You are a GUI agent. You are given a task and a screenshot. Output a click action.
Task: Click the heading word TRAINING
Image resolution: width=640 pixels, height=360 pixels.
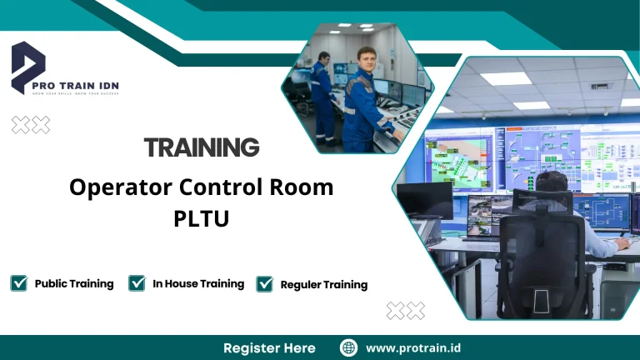(x=201, y=147)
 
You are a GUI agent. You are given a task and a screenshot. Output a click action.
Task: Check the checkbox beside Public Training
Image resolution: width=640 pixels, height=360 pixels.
(x=19, y=283)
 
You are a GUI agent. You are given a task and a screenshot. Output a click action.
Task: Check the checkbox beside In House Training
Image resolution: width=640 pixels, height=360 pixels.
(x=137, y=283)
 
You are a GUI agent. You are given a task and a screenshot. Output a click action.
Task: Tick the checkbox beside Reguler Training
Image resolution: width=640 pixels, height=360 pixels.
(x=265, y=284)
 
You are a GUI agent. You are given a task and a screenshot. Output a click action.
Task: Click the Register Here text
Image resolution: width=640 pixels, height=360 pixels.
(x=269, y=347)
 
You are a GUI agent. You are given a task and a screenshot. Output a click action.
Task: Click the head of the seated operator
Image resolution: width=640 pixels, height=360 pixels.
(x=551, y=184)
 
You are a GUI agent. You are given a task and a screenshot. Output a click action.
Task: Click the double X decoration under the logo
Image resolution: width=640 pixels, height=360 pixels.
(x=31, y=125)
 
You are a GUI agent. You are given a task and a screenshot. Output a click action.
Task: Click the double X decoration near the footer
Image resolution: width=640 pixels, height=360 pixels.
(x=406, y=311)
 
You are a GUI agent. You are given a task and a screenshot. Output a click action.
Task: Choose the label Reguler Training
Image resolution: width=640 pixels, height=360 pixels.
(x=323, y=285)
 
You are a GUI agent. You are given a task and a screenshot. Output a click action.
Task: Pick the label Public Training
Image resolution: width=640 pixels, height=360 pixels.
(x=74, y=283)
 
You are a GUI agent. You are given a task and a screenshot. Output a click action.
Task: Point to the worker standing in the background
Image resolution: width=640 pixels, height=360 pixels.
(x=322, y=96)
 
